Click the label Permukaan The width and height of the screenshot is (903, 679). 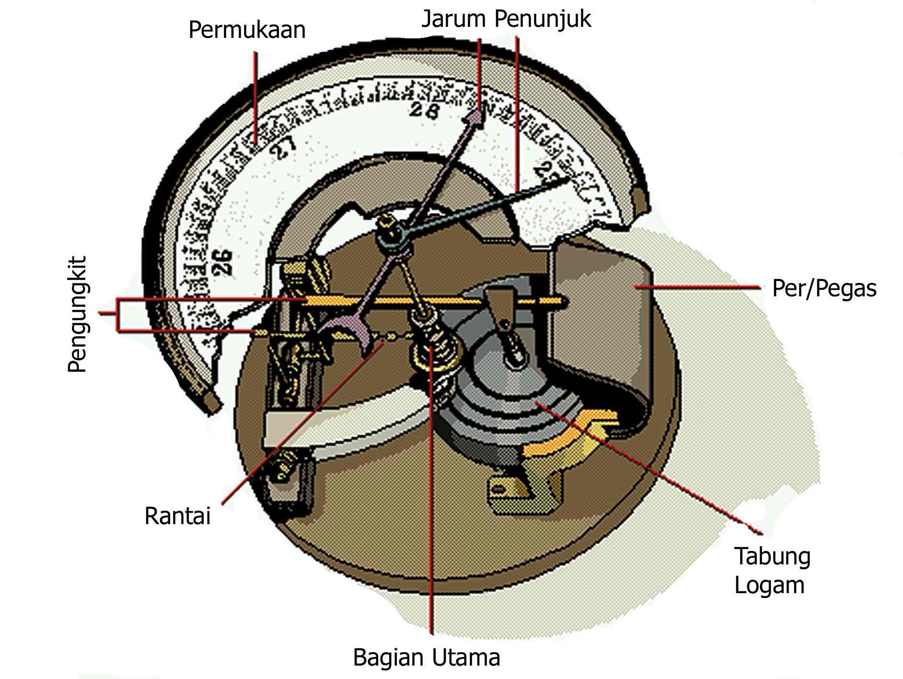coord(247,30)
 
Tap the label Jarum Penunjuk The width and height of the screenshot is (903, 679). coord(506,19)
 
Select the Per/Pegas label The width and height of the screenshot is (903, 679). coord(824,289)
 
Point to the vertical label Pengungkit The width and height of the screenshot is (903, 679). coord(77,315)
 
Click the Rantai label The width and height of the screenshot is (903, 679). coord(178,516)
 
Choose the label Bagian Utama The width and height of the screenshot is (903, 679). coord(426,657)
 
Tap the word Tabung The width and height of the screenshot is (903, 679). coord(772,556)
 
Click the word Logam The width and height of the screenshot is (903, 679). coord(769,585)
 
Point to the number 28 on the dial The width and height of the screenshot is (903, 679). coord(425,111)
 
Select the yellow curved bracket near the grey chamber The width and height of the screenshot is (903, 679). coord(570,434)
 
